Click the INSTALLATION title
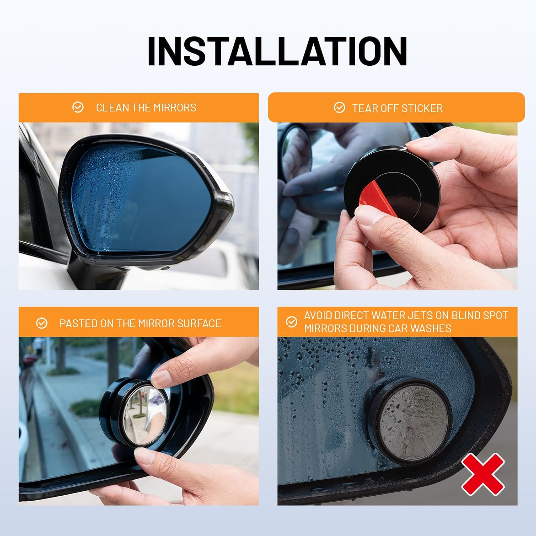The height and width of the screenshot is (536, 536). (x=277, y=51)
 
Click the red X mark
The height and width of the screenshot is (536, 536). (x=483, y=474)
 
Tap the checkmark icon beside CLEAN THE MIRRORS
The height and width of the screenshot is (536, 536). (x=78, y=107)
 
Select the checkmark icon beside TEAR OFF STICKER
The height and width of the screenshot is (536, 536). (x=339, y=108)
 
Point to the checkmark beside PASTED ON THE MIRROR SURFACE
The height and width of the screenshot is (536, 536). (x=42, y=323)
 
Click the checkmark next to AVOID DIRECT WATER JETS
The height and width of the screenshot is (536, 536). (x=292, y=322)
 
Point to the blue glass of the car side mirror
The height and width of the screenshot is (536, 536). (x=143, y=200)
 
